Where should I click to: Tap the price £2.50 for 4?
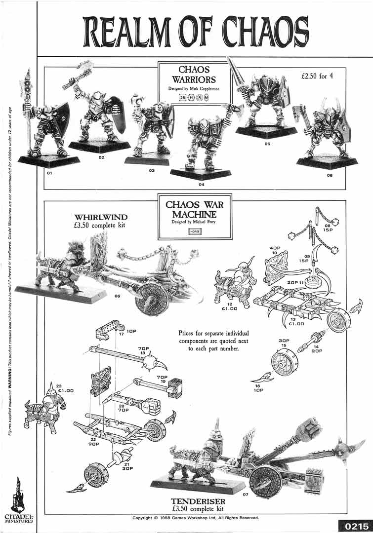[x=321, y=77]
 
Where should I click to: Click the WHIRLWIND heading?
[x=101, y=217]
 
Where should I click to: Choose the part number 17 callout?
[x=121, y=334]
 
